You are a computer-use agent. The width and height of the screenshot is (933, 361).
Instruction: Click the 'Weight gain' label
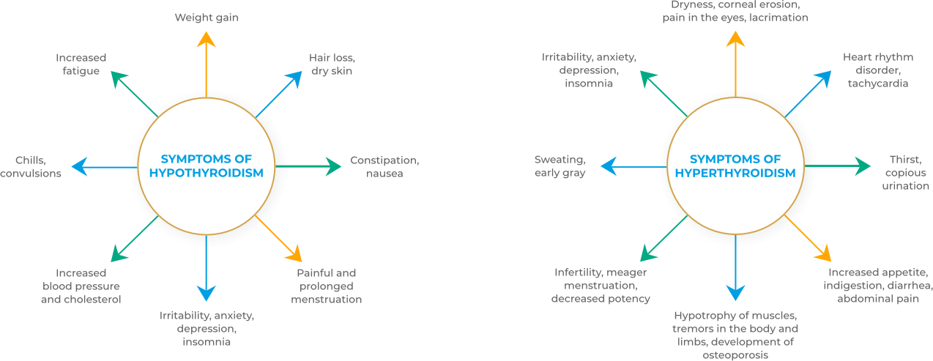tap(206, 16)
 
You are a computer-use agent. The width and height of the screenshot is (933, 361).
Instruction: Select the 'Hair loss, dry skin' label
tap(332, 64)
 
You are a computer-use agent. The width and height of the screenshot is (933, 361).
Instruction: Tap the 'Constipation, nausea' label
tap(384, 167)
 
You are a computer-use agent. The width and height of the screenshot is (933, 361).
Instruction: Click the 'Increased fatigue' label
tap(81, 64)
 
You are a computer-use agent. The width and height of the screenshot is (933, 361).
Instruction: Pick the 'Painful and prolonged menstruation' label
tap(326, 286)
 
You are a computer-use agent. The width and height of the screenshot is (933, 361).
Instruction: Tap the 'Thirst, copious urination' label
tap(905, 173)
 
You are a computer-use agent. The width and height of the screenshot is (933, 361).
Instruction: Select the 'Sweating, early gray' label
tap(560, 167)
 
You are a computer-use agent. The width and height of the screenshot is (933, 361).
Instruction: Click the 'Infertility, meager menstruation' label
tap(601, 286)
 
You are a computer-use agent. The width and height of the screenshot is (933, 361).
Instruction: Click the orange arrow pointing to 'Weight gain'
tap(206, 66)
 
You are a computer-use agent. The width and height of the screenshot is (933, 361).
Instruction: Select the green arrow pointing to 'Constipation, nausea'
tap(308, 167)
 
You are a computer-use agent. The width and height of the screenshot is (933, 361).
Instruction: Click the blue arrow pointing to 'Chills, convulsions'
tap(106, 167)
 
